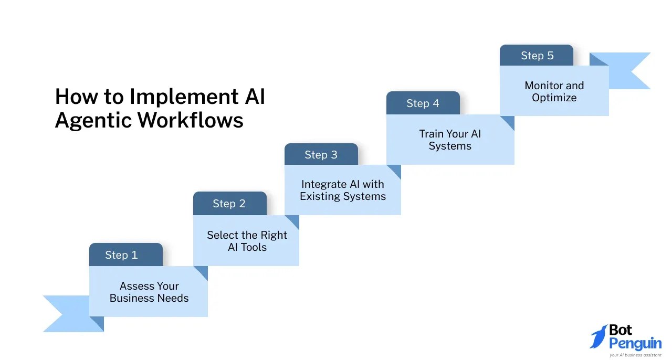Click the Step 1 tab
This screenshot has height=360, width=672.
click(x=126, y=255)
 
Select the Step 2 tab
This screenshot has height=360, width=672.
click(x=230, y=204)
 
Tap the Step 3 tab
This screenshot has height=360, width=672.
click(x=321, y=154)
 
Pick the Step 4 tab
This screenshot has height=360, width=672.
click(x=423, y=103)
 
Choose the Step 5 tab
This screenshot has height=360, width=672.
click(x=537, y=55)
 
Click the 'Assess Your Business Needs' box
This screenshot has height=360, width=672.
click(x=149, y=292)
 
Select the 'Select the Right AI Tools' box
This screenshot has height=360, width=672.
click(x=246, y=240)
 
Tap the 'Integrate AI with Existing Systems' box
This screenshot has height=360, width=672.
click(x=343, y=190)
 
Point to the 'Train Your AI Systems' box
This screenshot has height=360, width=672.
click(x=450, y=140)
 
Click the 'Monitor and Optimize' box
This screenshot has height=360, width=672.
click(x=554, y=91)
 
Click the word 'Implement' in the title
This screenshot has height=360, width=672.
click(x=184, y=97)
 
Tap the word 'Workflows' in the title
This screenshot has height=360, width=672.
click(x=190, y=120)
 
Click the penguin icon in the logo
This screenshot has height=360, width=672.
click(x=599, y=336)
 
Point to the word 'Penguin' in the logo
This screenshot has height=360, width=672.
click(x=635, y=344)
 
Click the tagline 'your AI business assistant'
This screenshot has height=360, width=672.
click(x=635, y=355)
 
